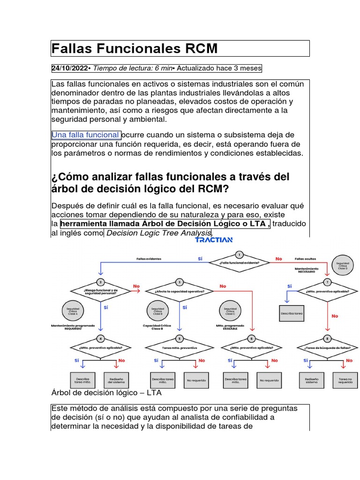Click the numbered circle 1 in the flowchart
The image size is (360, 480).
tap(239, 255)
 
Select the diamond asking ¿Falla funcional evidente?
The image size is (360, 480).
tap(239, 263)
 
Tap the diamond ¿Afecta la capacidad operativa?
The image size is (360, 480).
tap(180, 291)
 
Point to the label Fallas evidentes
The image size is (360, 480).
tap(149, 258)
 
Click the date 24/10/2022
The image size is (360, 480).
tap(69, 68)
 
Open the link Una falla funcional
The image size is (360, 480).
tap(85, 135)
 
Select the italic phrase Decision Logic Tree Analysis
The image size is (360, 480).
tap(159, 233)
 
